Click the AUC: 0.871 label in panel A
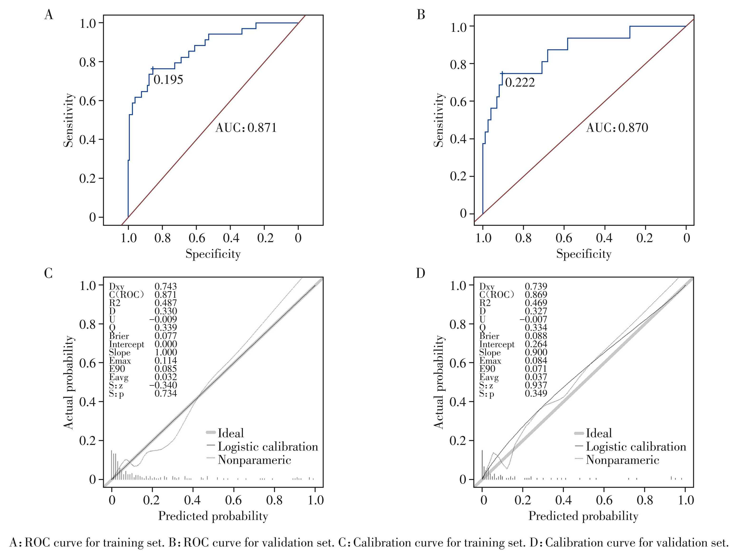[246, 128]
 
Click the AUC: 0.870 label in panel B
[617, 128]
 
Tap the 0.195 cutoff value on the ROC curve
[168, 80]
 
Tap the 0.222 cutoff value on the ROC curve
[520, 82]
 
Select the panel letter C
[48, 273]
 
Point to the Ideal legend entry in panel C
[231, 433]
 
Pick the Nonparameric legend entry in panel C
[254, 460]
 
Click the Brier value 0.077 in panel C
[166, 336]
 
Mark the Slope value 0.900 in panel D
[536, 352]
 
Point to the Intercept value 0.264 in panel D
[536, 344]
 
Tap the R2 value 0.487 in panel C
[166, 303]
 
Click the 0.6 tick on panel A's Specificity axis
[196, 238]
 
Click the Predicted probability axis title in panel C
[213, 516]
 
